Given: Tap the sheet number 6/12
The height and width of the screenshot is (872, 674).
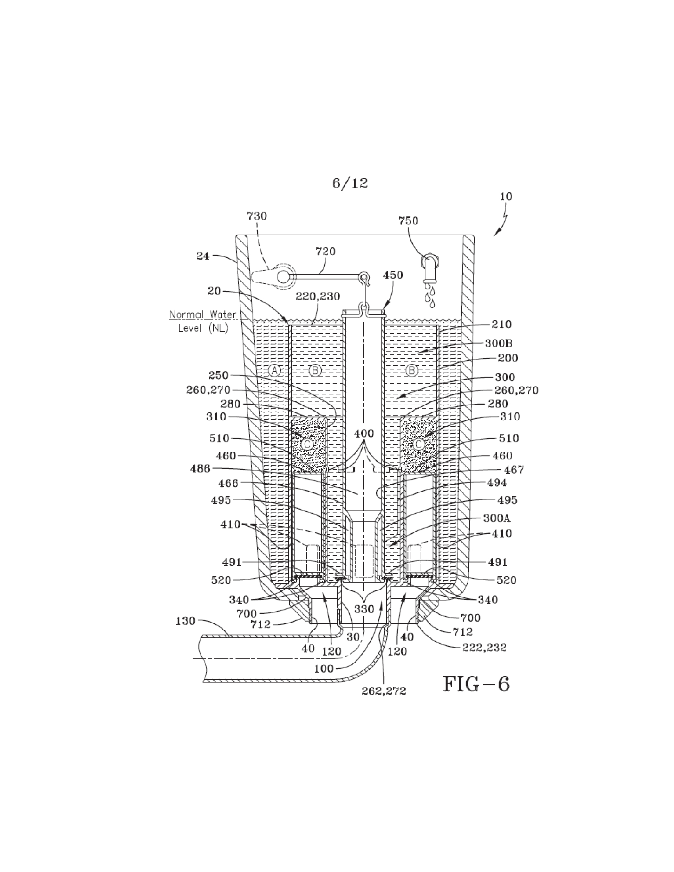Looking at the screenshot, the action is (350, 183).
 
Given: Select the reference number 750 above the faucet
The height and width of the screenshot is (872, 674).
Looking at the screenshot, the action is (408, 221).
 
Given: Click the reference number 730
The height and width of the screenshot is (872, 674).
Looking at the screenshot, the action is (257, 216).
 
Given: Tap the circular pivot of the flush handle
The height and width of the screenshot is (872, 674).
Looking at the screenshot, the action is (283, 277).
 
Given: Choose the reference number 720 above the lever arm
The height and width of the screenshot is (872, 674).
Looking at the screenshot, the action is (326, 252).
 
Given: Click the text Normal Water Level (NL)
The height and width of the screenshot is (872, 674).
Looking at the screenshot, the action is (203, 321).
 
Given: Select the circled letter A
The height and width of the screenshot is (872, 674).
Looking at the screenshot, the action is (274, 371).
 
